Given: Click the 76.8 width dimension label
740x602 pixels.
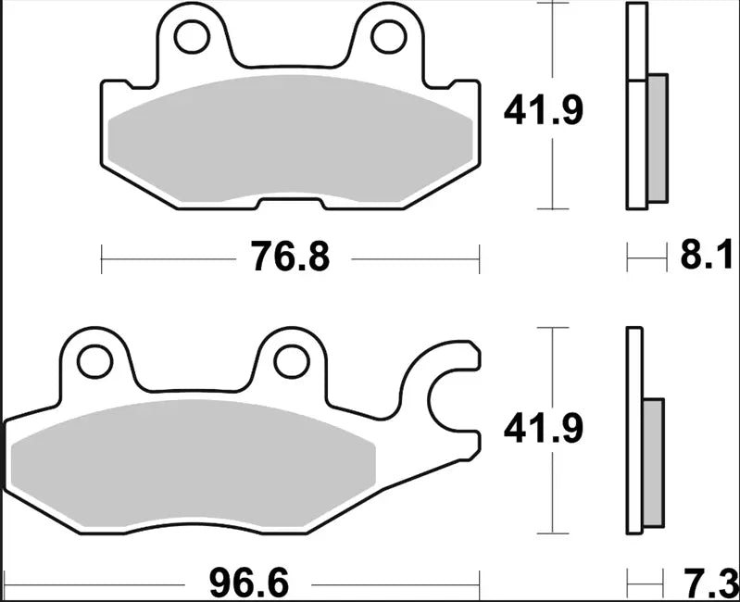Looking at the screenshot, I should pyautogui.click(x=289, y=256).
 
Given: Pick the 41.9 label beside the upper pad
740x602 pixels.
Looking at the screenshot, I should pyautogui.click(x=543, y=112).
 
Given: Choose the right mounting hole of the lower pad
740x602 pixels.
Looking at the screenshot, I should pyautogui.click(x=293, y=360).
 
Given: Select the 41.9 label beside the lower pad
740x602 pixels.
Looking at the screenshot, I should pyautogui.click(x=543, y=429).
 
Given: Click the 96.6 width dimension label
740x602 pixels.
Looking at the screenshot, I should pyautogui.click(x=246, y=583).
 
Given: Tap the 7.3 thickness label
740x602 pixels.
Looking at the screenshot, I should pyautogui.click(x=711, y=583).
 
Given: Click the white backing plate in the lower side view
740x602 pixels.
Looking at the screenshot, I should pyautogui.click(x=634, y=431).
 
